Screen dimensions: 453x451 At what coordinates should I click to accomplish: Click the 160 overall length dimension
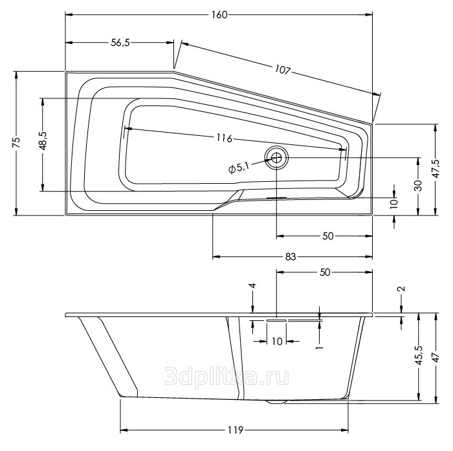click(219, 15)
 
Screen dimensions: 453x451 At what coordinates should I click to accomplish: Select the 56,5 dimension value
click(120, 43)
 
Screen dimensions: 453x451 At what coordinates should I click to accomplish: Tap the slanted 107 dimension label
click(282, 70)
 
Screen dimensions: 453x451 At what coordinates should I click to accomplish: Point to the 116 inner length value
click(225, 138)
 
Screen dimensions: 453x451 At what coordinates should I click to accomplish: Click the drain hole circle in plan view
click(276, 157)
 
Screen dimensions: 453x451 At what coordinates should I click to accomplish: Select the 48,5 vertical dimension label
click(43, 140)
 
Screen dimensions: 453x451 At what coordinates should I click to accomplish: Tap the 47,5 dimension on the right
click(436, 169)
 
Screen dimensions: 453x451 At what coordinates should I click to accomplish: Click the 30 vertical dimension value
click(418, 185)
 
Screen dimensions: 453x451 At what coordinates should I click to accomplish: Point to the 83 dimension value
click(291, 256)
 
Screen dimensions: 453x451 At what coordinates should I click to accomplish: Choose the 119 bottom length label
click(235, 430)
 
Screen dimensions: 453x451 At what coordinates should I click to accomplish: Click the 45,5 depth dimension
click(419, 355)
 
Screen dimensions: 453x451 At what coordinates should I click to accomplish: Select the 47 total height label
click(436, 358)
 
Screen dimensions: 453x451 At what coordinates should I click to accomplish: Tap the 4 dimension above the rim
click(252, 286)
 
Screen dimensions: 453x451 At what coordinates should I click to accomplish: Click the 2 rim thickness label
click(401, 289)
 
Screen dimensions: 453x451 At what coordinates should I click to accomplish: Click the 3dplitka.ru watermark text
click(226, 377)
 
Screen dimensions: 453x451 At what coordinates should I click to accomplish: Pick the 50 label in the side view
click(325, 272)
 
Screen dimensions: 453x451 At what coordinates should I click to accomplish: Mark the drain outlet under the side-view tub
click(276, 401)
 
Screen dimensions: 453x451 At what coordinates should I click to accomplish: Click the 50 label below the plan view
click(327, 236)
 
